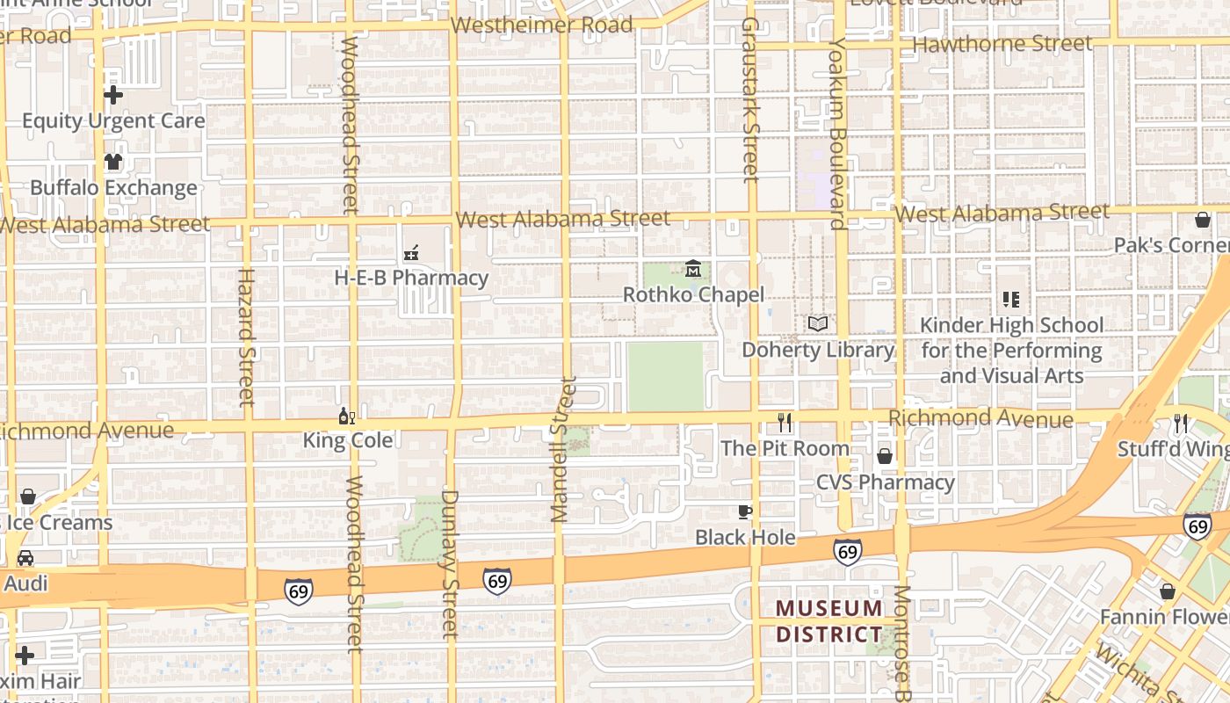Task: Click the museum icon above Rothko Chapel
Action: coord(693,268)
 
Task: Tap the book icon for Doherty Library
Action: coord(818,323)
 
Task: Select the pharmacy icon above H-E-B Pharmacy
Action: coord(410,253)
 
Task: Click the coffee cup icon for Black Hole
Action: coord(745,511)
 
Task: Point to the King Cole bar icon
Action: coord(347,416)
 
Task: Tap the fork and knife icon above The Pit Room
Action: coord(785,423)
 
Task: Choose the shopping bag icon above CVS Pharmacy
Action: coord(885,456)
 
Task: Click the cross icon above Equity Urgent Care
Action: coord(113,95)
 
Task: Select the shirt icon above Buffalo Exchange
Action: coord(113,162)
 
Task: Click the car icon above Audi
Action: coord(25,558)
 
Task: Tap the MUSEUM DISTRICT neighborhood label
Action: coord(828,621)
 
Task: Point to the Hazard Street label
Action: coord(245,337)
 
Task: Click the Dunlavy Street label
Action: coord(449,562)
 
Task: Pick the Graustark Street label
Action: coord(749,99)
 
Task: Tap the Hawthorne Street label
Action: coord(1002,43)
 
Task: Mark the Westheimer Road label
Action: coord(542,25)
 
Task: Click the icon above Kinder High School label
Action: coord(1011,300)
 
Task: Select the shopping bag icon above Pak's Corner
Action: coord(1202,220)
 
